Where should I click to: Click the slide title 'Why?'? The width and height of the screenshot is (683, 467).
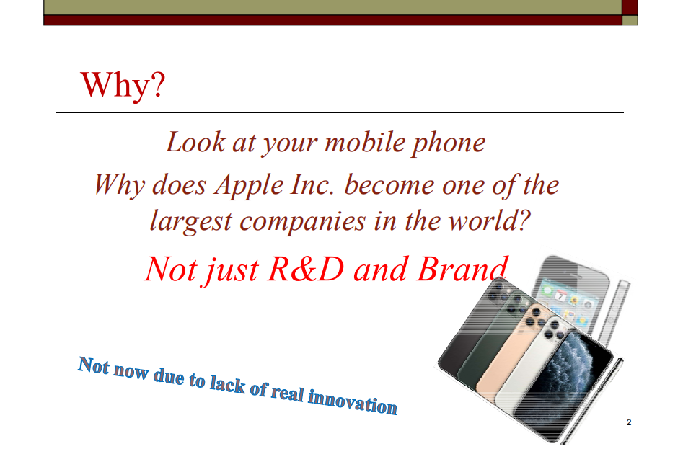pos(123,84)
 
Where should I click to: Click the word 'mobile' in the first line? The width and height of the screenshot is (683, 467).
pos(366,142)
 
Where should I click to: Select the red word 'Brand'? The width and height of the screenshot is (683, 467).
pos(461,269)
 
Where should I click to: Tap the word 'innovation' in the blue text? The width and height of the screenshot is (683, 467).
pos(353,401)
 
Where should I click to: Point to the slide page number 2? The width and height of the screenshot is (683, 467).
pos(629,422)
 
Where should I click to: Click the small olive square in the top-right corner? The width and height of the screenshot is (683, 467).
pos(630,20)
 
